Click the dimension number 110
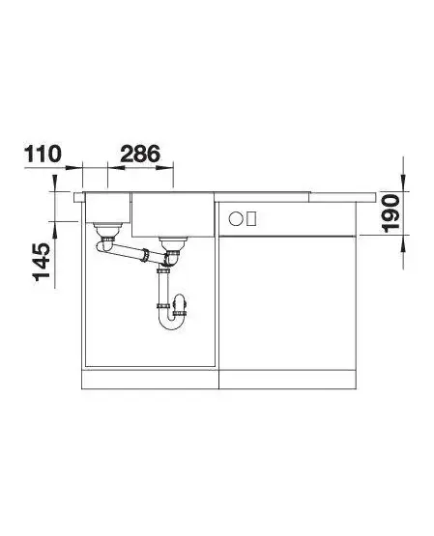(x=43, y=155)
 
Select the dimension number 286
(x=140, y=154)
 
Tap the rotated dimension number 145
(x=42, y=262)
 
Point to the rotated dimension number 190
(x=391, y=213)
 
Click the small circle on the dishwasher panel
(x=236, y=218)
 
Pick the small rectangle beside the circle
(x=251, y=218)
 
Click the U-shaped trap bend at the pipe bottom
(x=171, y=323)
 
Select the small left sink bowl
(x=107, y=208)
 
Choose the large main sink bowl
(x=173, y=214)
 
